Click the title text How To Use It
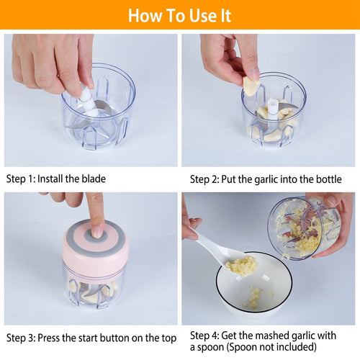(x=180, y=15)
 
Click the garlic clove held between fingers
(x=251, y=86)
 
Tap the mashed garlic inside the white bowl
(x=254, y=297)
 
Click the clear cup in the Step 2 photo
(x=274, y=115)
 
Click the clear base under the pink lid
(x=95, y=288)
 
